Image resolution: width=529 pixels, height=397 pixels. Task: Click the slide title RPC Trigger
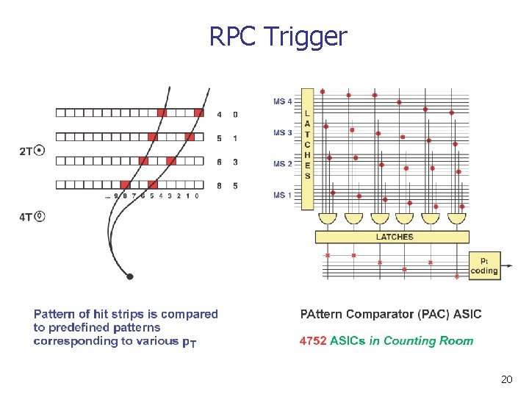coord(278,36)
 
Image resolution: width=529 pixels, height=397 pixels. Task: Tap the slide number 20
coord(505,379)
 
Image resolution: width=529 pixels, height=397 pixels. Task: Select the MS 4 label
coord(283,101)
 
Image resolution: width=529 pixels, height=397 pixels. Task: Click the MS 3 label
coord(283,133)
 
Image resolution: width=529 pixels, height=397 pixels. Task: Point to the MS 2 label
coord(283,163)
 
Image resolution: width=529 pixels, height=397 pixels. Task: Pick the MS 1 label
coord(283,195)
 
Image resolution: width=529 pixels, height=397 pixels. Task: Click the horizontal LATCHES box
coord(392,237)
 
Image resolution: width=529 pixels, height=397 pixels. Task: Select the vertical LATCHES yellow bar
coord(307,149)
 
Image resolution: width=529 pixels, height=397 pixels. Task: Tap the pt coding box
coord(483,265)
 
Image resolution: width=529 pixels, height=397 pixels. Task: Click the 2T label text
coord(26,151)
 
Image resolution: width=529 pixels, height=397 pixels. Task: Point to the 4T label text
coord(26,217)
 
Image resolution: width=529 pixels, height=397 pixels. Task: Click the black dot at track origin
coord(130,276)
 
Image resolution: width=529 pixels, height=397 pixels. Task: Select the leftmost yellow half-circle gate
coord(327,218)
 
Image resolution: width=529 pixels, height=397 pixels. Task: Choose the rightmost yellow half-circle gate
coord(457,218)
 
